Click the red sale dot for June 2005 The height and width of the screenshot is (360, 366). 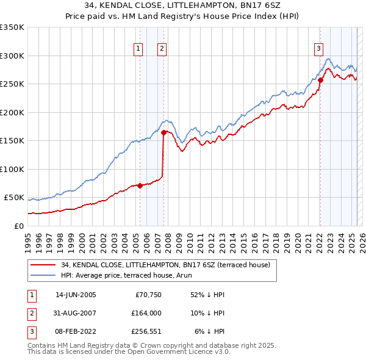pyautogui.click(x=140, y=185)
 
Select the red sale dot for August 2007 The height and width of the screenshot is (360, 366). pyautogui.click(x=163, y=132)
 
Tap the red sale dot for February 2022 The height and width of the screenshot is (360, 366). pyautogui.click(x=320, y=80)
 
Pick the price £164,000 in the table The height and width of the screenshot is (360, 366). pyautogui.click(x=147, y=313)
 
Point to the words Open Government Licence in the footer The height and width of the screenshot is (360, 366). pyautogui.click(x=173, y=351)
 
